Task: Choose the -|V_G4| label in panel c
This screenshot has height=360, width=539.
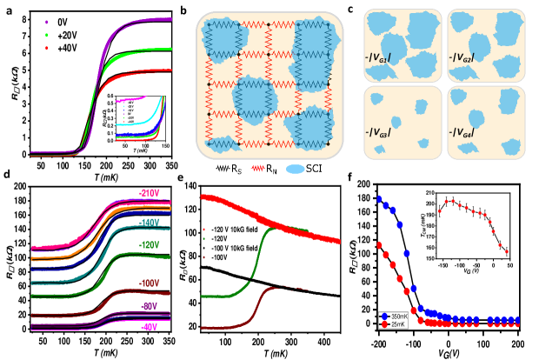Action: click(x=482, y=133)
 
